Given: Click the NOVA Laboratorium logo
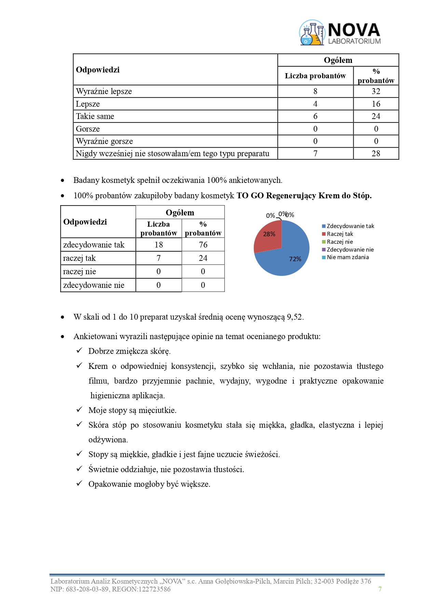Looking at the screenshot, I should [340, 33].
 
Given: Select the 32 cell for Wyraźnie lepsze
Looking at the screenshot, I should [376, 91].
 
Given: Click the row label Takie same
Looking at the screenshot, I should [95, 116].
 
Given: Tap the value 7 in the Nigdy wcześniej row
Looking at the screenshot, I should [315, 154].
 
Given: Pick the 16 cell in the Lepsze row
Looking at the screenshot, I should [376, 104].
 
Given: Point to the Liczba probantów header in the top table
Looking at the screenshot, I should [315, 76].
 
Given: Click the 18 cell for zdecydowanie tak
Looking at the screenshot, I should [159, 245].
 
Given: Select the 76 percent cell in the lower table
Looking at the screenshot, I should [203, 245].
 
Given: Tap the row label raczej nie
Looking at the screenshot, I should [80, 271].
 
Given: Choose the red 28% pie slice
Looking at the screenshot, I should [268, 236].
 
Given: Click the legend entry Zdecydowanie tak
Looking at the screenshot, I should [350, 226].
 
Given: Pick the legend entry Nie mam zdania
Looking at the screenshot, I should [347, 257].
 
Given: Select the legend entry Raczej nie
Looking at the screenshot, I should [340, 242].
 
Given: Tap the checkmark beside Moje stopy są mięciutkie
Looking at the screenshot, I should [79, 410].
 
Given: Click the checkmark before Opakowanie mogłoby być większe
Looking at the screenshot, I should [79, 483].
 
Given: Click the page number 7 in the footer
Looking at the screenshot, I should [380, 589].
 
